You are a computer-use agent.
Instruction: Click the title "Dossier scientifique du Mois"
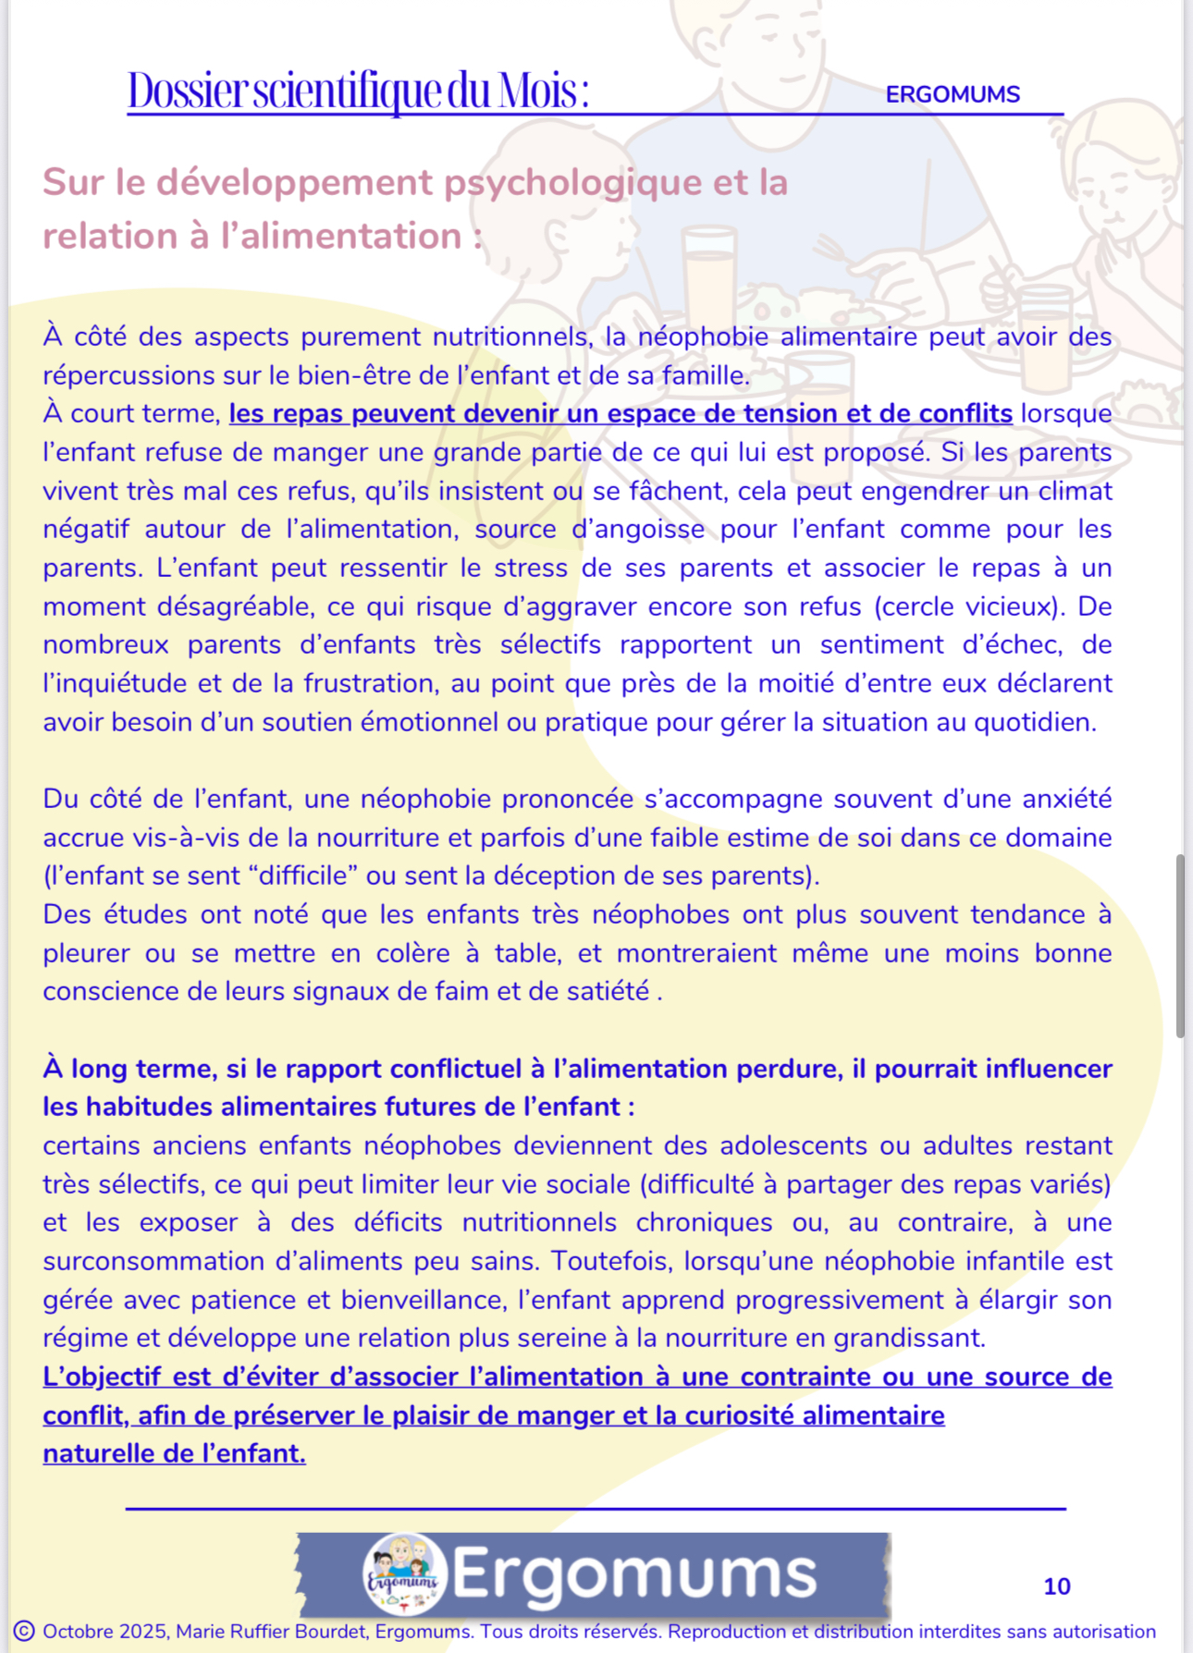357,91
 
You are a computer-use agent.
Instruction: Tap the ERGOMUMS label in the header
952,94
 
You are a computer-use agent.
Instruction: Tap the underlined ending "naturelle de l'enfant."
174,1453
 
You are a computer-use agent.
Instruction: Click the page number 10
1056,1586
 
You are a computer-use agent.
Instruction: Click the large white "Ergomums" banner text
634,1573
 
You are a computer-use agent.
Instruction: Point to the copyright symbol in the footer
25,1631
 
